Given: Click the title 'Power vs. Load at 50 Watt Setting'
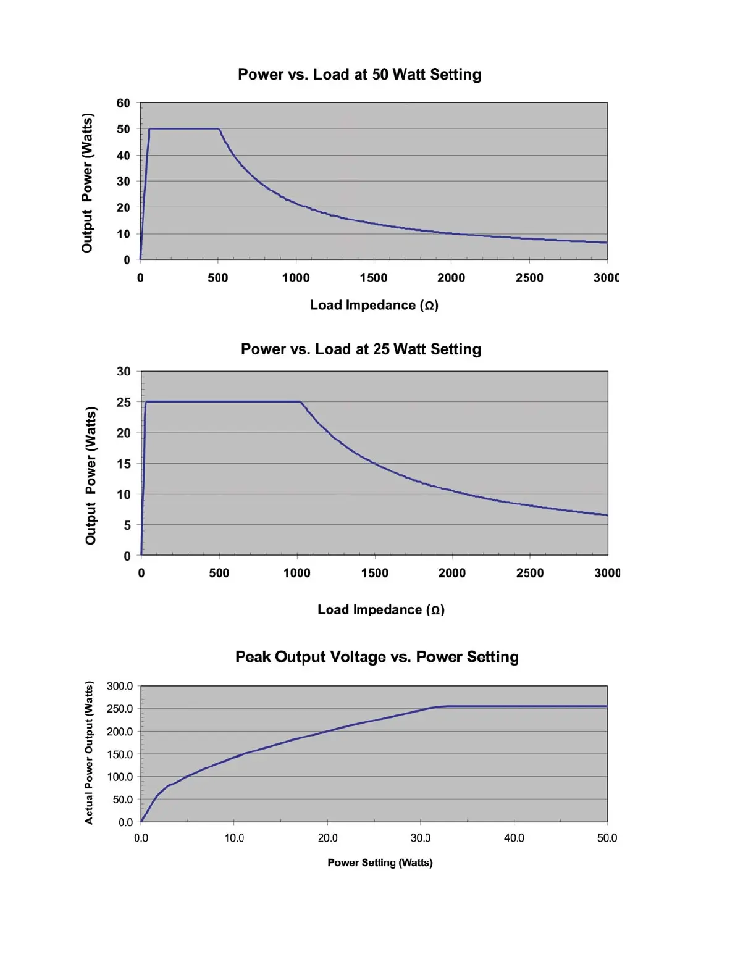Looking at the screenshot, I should pos(359,75).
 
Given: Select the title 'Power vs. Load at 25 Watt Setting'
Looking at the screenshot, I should pos(361,349).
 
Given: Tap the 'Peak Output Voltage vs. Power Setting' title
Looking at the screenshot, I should pos(377,657).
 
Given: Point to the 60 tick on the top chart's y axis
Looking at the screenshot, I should pos(124,103).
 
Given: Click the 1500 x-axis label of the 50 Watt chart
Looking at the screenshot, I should pos(374,278).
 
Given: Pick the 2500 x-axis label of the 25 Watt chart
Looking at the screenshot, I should pos(530,574).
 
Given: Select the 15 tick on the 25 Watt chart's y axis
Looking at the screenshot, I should pos(124,464).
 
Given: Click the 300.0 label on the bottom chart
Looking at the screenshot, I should pos(120,686).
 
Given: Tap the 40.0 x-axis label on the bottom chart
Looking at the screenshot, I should pos(514,838).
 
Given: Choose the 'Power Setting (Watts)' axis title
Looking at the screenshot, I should pos(380,863).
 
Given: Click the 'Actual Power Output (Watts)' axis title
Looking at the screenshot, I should pos(89,753).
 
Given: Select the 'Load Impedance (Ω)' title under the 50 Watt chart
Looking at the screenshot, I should pos(374,305).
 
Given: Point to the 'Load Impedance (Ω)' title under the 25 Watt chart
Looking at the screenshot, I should pos(381,610).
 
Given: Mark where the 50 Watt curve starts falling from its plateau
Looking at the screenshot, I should pos(219,129).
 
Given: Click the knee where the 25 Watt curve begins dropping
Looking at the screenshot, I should pos(301,402).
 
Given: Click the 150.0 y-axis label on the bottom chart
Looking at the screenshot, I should pos(120,754).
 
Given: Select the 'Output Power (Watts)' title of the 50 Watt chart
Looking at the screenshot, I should pos(87,183).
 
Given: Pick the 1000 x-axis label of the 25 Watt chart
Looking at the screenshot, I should pos(297,574).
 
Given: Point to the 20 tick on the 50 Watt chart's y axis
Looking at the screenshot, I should pos(124,207).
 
